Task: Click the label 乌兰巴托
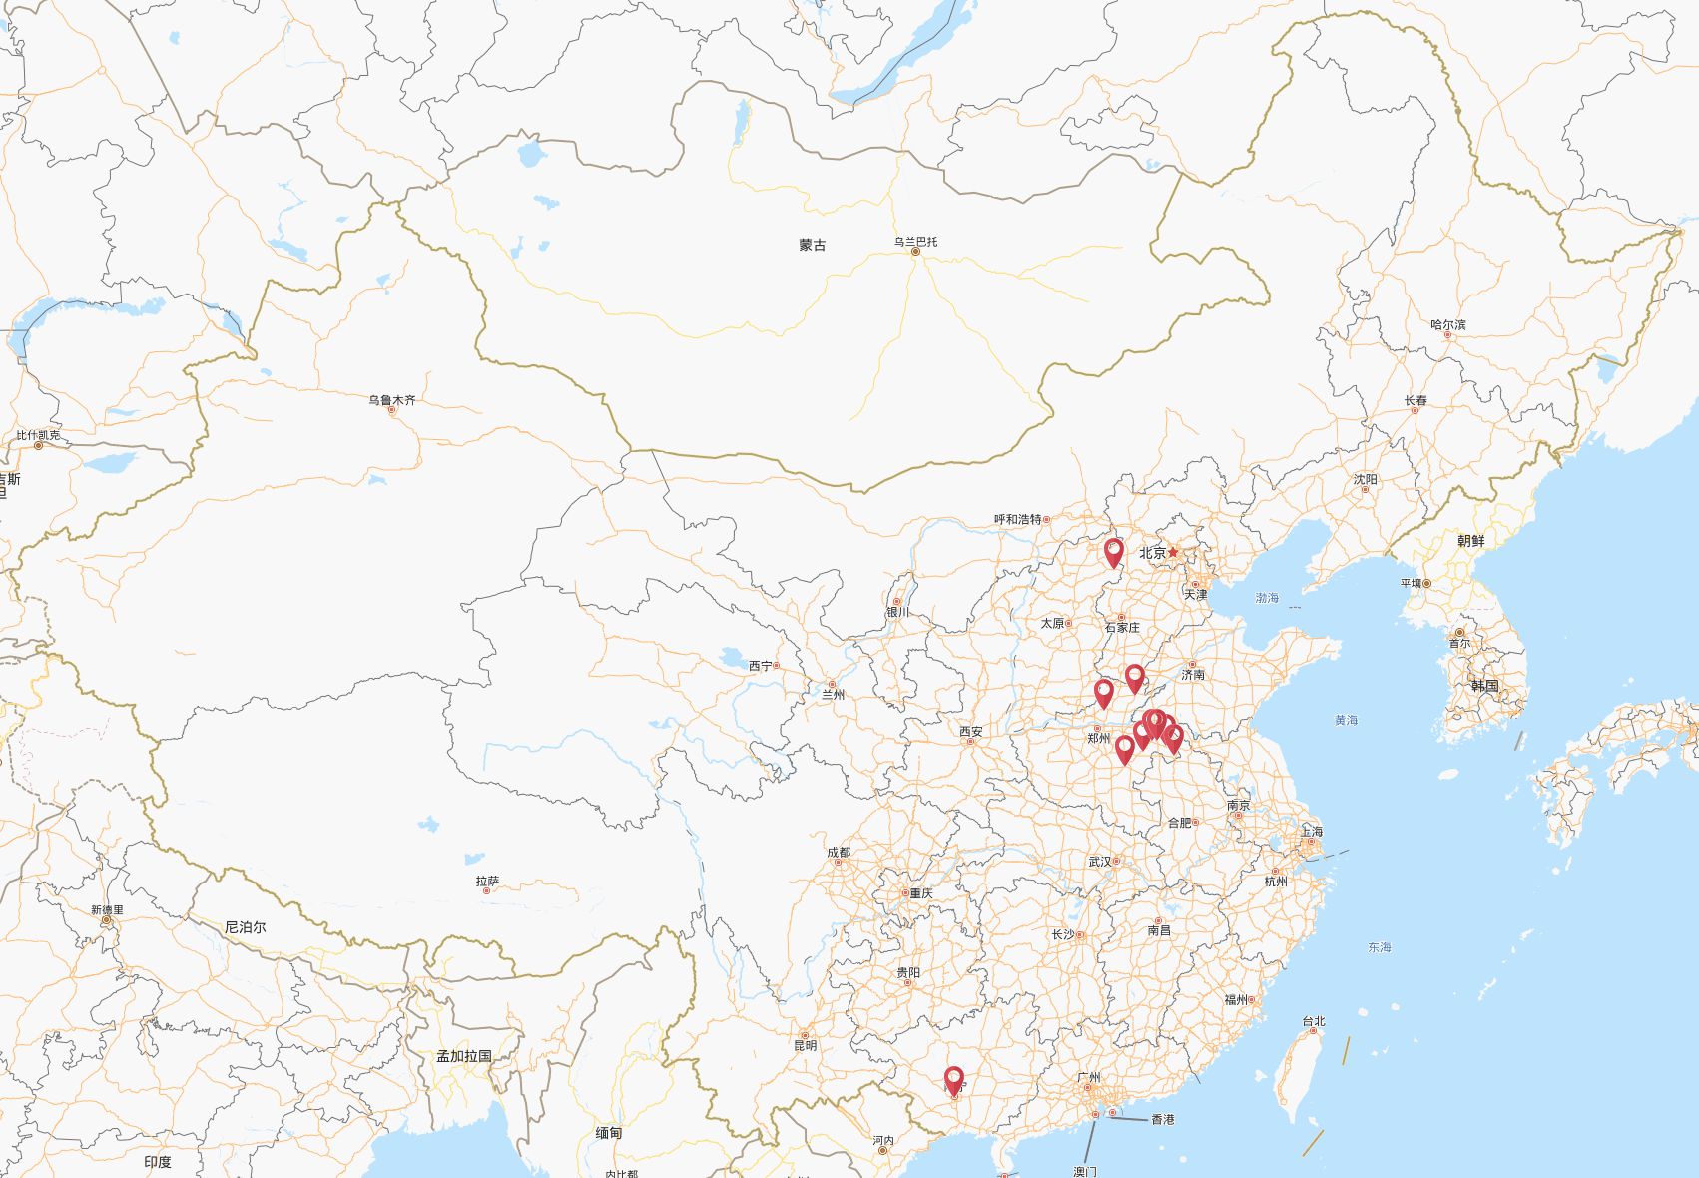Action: [x=915, y=242]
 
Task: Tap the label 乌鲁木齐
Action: [x=391, y=400]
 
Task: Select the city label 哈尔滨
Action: [x=1447, y=325]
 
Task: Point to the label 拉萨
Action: [x=487, y=882]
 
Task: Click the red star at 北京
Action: [x=1174, y=552]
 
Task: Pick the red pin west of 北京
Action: [x=1113, y=552]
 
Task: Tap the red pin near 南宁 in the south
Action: [x=954, y=1080]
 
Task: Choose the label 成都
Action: [x=839, y=853]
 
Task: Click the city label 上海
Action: [x=1311, y=832]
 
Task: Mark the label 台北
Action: [x=1313, y=1021]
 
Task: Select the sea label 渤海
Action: [x=1267, y=598]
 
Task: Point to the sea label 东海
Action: [x=1379, y=947]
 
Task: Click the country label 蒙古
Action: [x=813, y=245]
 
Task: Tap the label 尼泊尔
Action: [x=246, y=927]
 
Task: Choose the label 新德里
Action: [x=107, y=910]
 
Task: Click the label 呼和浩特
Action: [x=1017, y=519]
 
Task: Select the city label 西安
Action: [x=970, y=732]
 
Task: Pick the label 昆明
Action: [x=805, y=1045]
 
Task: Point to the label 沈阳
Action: [x=1365, y=480]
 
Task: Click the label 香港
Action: [x=1163, y=1120]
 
